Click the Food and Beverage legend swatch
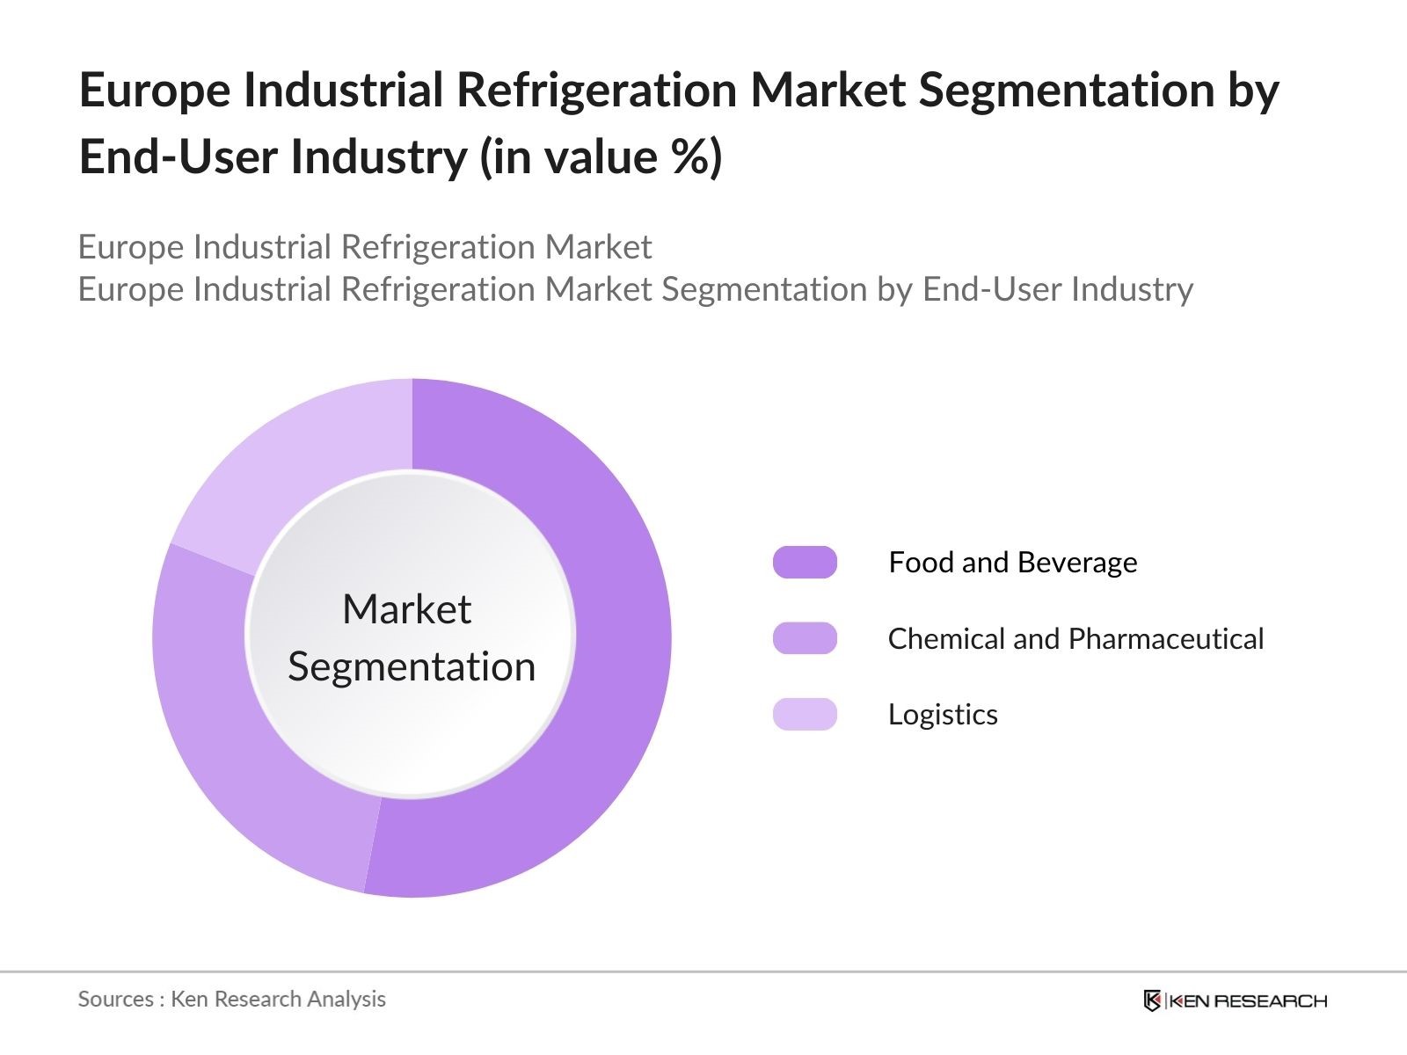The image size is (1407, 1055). [x=805, y=563]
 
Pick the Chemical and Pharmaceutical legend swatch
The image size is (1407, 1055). [x=805, y=638]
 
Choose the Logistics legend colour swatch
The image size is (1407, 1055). [x=805, y=714]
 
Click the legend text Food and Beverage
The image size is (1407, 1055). [x=1012, y=563]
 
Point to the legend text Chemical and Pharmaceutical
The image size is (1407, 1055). [x=1075, y=638]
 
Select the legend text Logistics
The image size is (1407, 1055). [x=943, y=715]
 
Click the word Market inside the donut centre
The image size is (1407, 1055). [x=406, y=609]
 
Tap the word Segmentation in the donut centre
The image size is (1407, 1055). [x=412, y=666]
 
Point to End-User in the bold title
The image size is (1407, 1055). [x=179, y=157]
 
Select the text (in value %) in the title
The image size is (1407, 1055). [x=601, y=157]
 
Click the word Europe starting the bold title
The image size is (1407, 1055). [x=155, y=91]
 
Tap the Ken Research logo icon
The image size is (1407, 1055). [x=1152, y=1000]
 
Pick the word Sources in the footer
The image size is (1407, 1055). [x=115, y=999]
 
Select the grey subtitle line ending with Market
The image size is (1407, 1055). [x=365, y=247]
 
